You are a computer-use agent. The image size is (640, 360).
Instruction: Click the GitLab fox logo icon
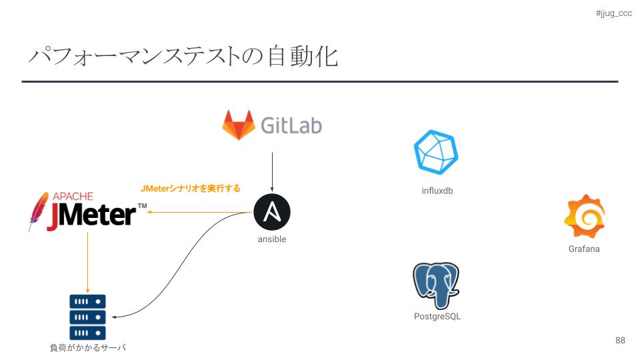238,125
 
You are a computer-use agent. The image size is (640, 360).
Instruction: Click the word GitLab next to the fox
291,125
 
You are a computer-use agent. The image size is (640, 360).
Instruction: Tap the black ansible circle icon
272,213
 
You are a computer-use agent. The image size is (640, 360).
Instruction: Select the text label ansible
272,239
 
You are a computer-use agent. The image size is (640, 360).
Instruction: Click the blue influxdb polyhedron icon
436,152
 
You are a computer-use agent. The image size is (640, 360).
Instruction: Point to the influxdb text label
437,191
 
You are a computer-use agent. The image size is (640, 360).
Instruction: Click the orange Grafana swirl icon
584,217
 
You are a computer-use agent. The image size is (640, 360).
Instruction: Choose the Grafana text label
584,249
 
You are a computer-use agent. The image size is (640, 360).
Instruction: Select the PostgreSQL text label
437,317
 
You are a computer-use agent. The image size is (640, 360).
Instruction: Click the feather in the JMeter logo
39,211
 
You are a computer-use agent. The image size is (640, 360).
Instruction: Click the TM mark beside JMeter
142,207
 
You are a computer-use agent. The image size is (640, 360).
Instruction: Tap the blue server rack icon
87,317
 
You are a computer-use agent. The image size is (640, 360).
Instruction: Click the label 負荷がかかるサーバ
87,347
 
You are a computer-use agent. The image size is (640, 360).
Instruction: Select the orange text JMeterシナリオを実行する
190,189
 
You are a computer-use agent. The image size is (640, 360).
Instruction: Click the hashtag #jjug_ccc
613,13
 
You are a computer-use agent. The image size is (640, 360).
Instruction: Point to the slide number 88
620,340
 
